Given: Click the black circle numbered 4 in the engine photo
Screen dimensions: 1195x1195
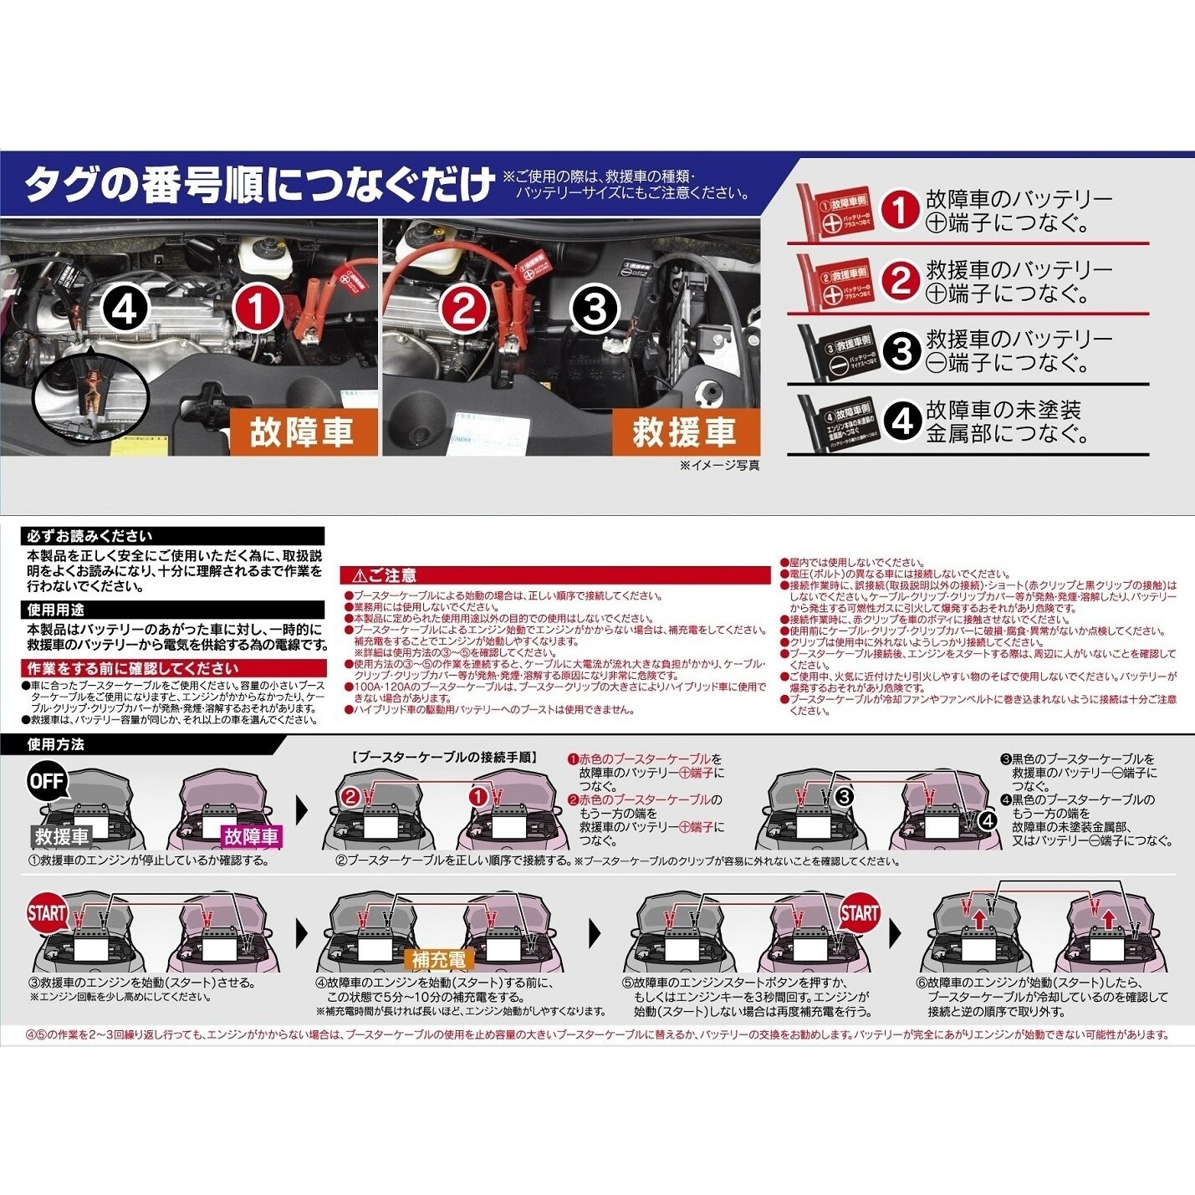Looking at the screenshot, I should click(125, 310).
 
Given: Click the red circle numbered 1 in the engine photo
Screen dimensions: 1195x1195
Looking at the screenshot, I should click(258, 308).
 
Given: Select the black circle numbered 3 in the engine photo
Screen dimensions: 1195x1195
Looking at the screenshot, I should click(595, 310).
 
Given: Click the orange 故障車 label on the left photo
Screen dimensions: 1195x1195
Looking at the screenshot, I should click(302, 432).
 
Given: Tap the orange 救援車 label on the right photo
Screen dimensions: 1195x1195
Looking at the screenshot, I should click(684, 432).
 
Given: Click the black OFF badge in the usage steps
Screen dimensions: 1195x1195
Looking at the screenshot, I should click(47, 781).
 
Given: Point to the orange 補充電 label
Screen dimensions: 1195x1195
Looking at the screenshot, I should click(438, 959).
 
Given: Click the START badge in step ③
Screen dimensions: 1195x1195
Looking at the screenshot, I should click(47, 913).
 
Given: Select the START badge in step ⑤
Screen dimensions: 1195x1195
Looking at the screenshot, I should click(859, 913).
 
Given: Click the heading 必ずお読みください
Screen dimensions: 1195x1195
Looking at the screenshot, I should click(89, 536).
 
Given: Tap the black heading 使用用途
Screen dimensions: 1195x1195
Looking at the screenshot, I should click(56, 610).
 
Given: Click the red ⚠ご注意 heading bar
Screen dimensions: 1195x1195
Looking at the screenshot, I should click(554, 575).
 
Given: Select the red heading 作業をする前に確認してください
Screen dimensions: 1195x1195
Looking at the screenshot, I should click(132, 668).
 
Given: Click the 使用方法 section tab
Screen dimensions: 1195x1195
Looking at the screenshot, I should click(56, 744).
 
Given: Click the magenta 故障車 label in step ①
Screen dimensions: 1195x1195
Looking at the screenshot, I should click(251, 835).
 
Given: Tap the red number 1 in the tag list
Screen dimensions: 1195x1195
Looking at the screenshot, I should click(901, 210).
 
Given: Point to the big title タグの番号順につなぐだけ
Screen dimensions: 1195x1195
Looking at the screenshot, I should click(259, 185).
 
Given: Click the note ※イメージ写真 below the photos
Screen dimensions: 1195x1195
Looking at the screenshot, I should click(719, 466).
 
